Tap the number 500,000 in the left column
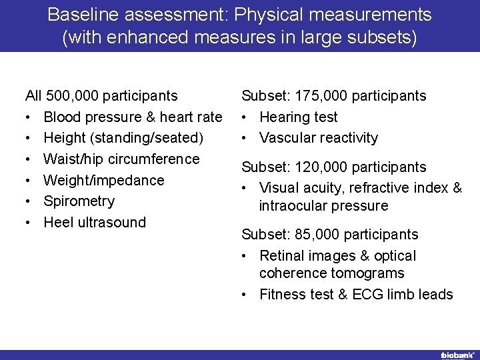pyautogui.click(x=75, y=96)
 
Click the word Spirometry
pyautogui.click(x=79, y=201)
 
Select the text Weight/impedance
pyautogui.click(x=104, y=180)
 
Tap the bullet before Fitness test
pyautogui.click(x=246, y=295)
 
